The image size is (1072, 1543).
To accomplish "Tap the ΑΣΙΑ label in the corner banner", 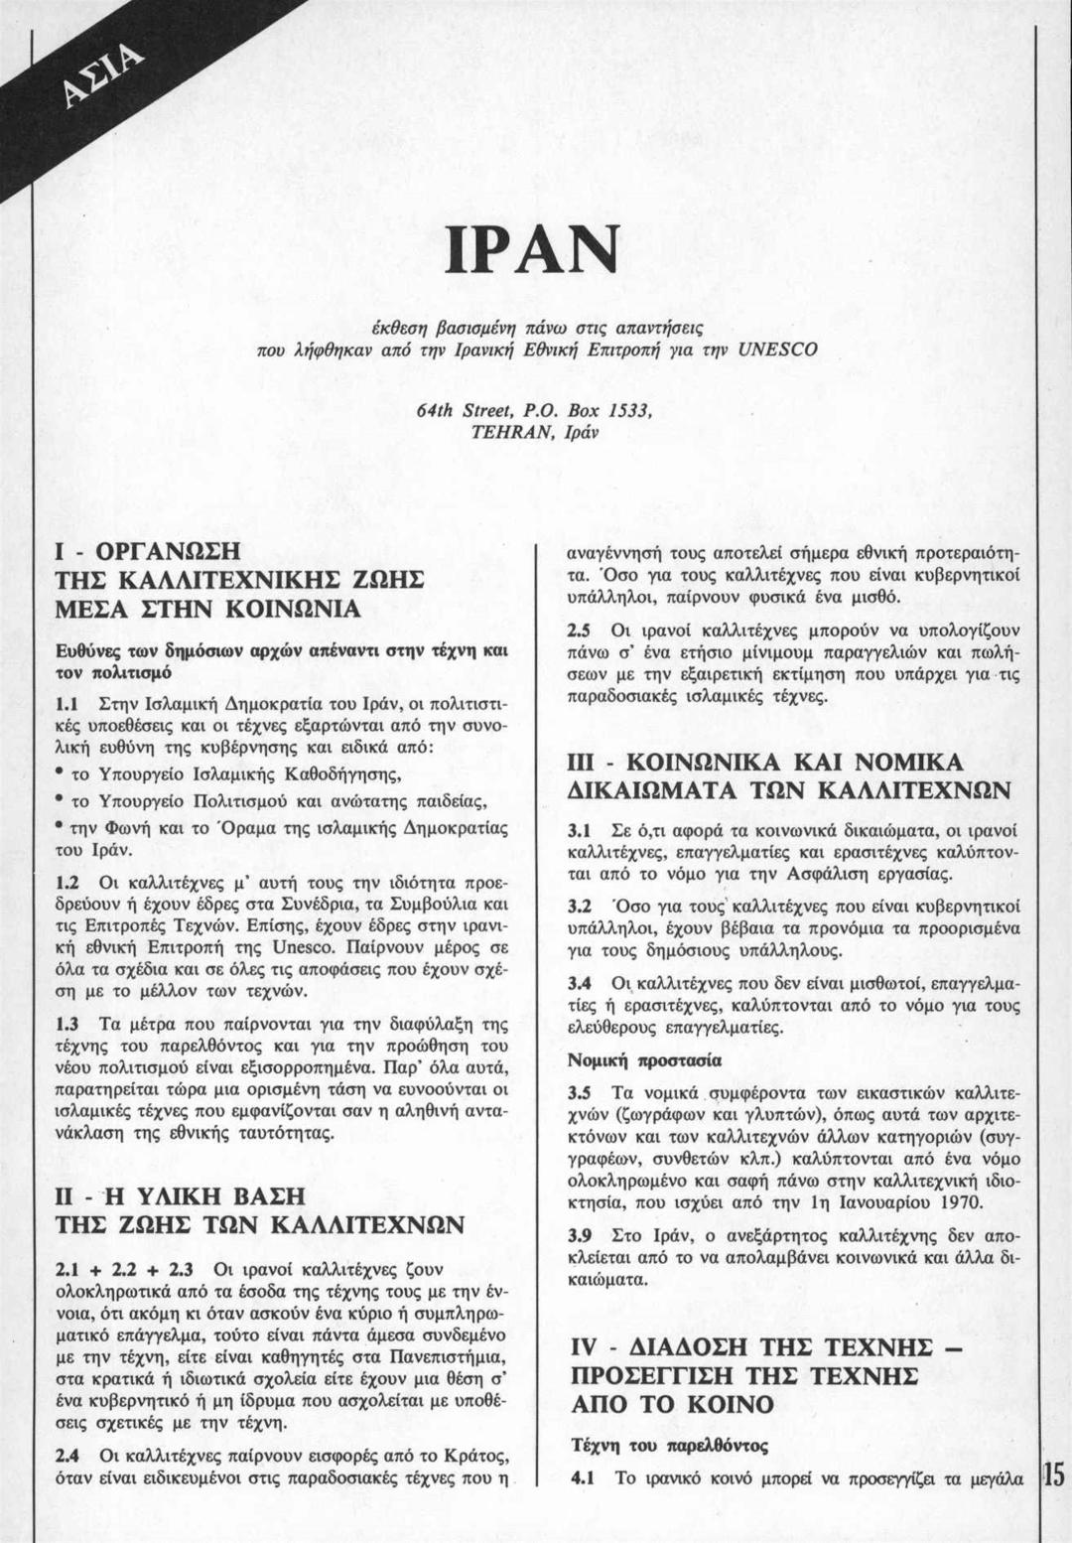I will tap(103, 81).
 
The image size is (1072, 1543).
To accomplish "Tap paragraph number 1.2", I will tap(67, 882).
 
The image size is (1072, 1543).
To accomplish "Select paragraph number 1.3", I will tap(67, 1024).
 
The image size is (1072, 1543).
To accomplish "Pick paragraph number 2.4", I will tap(67, 1457).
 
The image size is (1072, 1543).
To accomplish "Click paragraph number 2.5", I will tap(580, 630).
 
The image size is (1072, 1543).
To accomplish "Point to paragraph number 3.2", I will tap(580, 907).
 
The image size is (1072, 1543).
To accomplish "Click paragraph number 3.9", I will tap(580, 1236).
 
